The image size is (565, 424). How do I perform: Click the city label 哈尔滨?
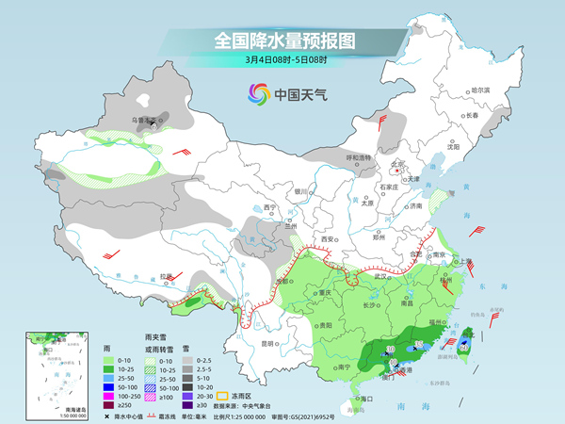[x=481, y=90]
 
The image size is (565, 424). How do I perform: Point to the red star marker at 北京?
[x=400, y=171]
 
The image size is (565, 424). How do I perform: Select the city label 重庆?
[x=326, y=292]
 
